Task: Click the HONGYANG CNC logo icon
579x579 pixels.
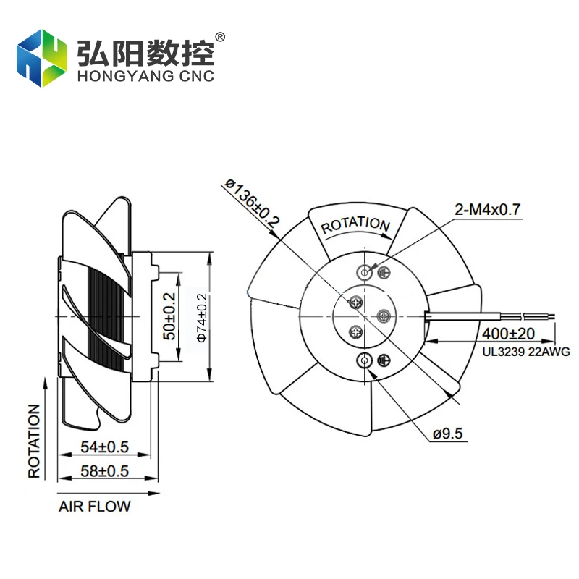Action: (x=42, y=58)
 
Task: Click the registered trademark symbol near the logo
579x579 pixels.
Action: (x=221, y=36)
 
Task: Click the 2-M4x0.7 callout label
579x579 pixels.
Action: (x=487, y=210)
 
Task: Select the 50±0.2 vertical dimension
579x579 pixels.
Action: (x=169, y=316)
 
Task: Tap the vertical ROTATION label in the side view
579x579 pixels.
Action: (x=34, y=441)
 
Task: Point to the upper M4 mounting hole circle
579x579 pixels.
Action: (x=364, y=272)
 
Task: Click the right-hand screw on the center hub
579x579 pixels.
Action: (x=384, y=315)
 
